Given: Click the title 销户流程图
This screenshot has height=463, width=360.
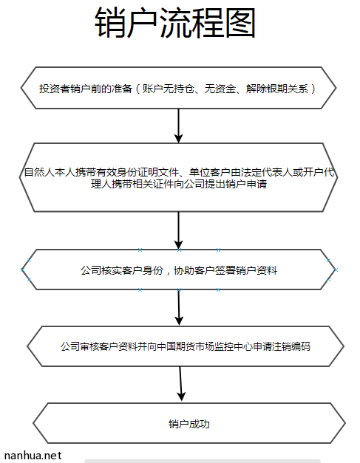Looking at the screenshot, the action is coord(175,23).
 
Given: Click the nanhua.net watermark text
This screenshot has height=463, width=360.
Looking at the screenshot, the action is coord(33,456).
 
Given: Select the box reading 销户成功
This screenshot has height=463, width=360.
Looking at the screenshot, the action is coord(189,423).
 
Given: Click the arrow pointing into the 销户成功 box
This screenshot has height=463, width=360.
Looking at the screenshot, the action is coord(181,383).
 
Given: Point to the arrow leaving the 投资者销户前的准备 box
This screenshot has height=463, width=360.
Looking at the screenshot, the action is coord(179,126).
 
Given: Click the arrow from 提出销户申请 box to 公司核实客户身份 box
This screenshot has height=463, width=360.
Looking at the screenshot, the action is coord(179,230).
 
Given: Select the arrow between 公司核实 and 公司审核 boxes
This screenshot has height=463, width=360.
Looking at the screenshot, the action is coord(179,307).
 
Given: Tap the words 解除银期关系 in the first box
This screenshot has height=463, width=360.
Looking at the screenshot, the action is coord(277,89).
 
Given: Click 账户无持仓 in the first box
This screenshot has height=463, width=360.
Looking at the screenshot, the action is coord(168,89).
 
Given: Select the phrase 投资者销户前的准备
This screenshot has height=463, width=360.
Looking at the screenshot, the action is coord(86,89).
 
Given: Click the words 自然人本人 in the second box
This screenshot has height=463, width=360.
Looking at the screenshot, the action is coord(50,172).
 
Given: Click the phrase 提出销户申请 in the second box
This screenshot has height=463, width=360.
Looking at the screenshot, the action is coord(236,184).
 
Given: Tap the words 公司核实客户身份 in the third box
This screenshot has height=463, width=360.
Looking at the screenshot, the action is coord(122,270).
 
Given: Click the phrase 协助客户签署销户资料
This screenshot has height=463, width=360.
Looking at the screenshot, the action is coord(225,270).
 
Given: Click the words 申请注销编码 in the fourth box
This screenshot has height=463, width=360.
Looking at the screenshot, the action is coord(282,346).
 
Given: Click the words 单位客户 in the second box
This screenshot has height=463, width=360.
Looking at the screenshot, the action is coord(210,172).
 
